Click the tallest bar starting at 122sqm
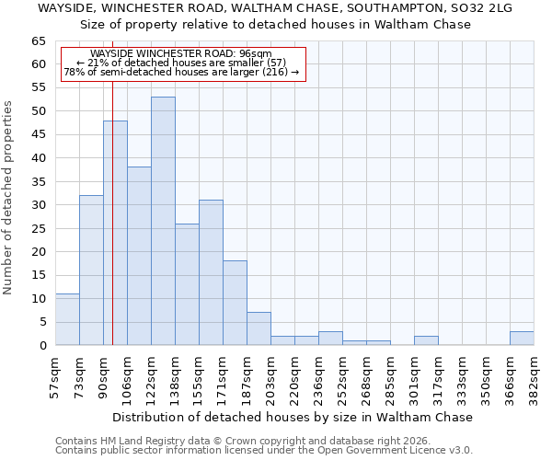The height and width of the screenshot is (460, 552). tap(163, 221)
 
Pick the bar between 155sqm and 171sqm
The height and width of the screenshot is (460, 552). tap(211, 272)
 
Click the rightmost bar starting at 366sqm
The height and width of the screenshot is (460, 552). tap(522, 339)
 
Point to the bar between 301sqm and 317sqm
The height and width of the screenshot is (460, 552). tap(426, 340)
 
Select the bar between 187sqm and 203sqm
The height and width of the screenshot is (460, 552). tap(259, 328)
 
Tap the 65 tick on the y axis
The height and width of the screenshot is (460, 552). tap(38, 41)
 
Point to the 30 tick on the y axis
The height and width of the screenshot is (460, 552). tap(38, 205)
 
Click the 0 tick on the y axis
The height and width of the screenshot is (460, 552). tap(41, 345)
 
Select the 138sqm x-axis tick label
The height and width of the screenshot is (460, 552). tap(175, 373)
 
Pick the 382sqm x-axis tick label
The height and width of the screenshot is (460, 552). tap(534, 373)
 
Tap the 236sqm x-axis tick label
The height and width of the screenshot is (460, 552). tap(318, 373)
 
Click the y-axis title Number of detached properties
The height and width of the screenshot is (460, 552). tap(9, 198)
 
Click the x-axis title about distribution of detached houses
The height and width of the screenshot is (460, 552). tap(294, 417)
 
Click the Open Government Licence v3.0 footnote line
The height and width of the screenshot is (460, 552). tap(264, 450)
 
